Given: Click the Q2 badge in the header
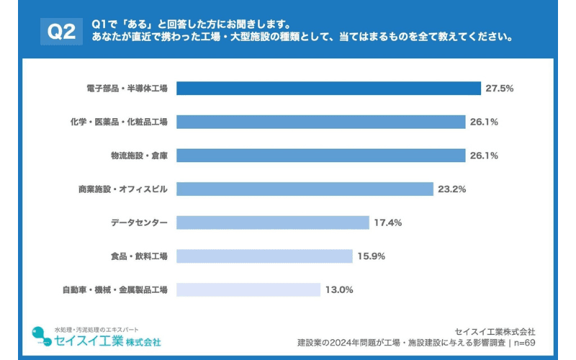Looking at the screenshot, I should (x=61, y=31).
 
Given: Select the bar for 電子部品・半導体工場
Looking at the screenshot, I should (x=328, y=89).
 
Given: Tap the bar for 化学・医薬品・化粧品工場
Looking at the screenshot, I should (x=321, y=122).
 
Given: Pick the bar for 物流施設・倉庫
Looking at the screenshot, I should (x=321, y=156).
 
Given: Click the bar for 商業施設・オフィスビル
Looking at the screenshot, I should (x=305, y=189).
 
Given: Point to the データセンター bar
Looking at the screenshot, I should (x=272, y=222).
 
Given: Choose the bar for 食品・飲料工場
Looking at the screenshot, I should (x=264, y=256).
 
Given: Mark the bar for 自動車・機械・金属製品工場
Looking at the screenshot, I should (x=248, y=289).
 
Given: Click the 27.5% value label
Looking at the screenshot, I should (x=500, y=89).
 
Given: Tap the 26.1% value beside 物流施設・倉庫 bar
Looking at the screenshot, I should (x=485, y=156).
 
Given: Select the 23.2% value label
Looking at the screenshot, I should (x=452, y=189).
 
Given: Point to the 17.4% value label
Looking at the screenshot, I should (x=388, y=222).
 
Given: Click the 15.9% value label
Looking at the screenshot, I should (x=372, y=256).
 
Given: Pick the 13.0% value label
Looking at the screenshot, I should (x=339, y=289).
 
